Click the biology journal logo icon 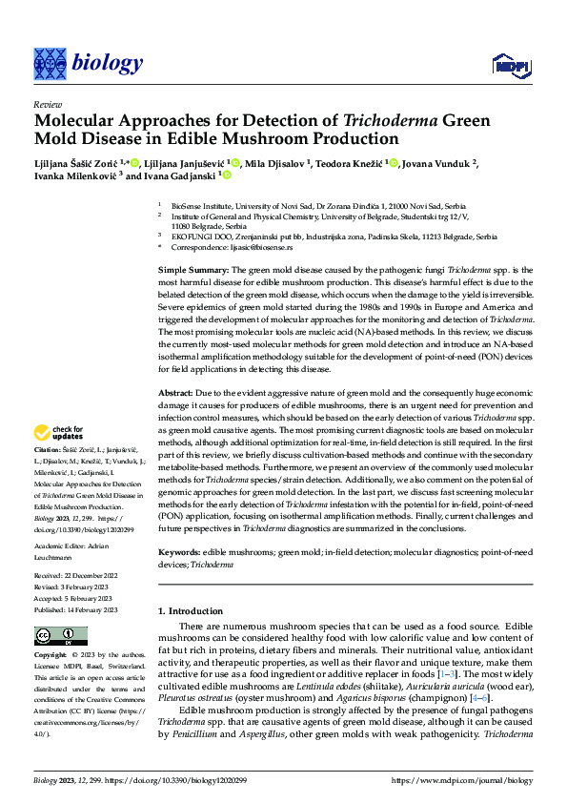tap(46, 63)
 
